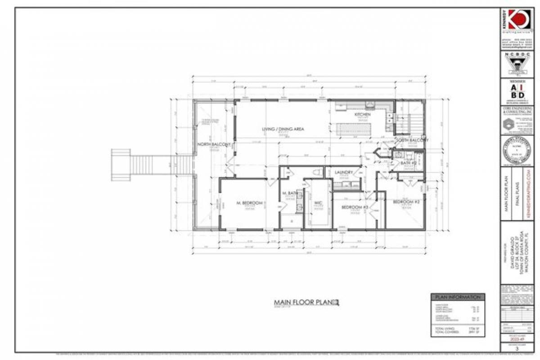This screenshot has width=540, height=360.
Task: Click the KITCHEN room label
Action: click(x=362, y=115)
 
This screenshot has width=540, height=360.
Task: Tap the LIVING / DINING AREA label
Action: click(x=283, y=129)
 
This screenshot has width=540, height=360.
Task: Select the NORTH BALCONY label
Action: click(x=214, y=144)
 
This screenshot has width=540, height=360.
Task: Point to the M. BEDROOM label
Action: click(x=249, y=203)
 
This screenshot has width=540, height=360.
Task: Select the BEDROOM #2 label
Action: click(x=406, y=202)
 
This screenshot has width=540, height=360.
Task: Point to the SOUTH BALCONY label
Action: click(x=412, y=140)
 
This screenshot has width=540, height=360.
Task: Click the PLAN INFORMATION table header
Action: click(x=458, y=297)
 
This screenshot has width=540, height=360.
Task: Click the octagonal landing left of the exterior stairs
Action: click(x=121, y=165)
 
